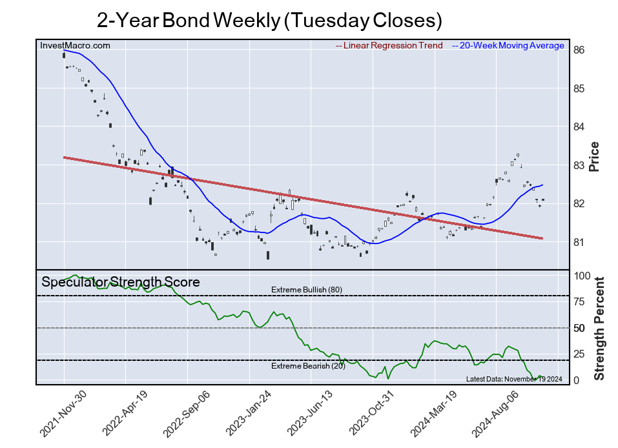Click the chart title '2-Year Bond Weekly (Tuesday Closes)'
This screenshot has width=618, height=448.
pyautogui.click(x=269, y=20)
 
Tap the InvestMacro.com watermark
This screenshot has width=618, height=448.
pyautogui.click(x=75, y=45)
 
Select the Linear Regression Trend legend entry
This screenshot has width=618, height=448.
pyautogui.click(x=389, y=46)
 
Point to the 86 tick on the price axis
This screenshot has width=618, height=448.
pyautogui.click(x=579, y=50)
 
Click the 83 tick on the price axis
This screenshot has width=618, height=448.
pyautogui.click(x=579, y=165)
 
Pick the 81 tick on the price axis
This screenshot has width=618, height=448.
pyautogui.click(x=579, y=242)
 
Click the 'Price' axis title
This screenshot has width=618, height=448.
pyautogui.click(x=594, y=156)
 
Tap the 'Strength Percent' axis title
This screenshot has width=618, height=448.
pyautogui.click(x=599, y=328)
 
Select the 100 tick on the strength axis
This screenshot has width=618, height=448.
pyautogui.click(x=582, y=276)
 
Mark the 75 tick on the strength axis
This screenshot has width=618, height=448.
pyautogui.click(x=580, y=301)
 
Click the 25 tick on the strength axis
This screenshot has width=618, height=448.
pyautogui.click(x=580, y=354)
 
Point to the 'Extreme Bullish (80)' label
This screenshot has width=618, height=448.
pyautogui.click(x=306, y=290)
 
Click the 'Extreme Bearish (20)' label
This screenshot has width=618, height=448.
pyautogui.click(x=306, y=367)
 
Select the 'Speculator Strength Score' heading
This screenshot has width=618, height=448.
pyautogui.click(x=121, y=282)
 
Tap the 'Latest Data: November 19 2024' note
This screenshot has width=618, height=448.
pyautogui.click(x=515, y=378)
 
